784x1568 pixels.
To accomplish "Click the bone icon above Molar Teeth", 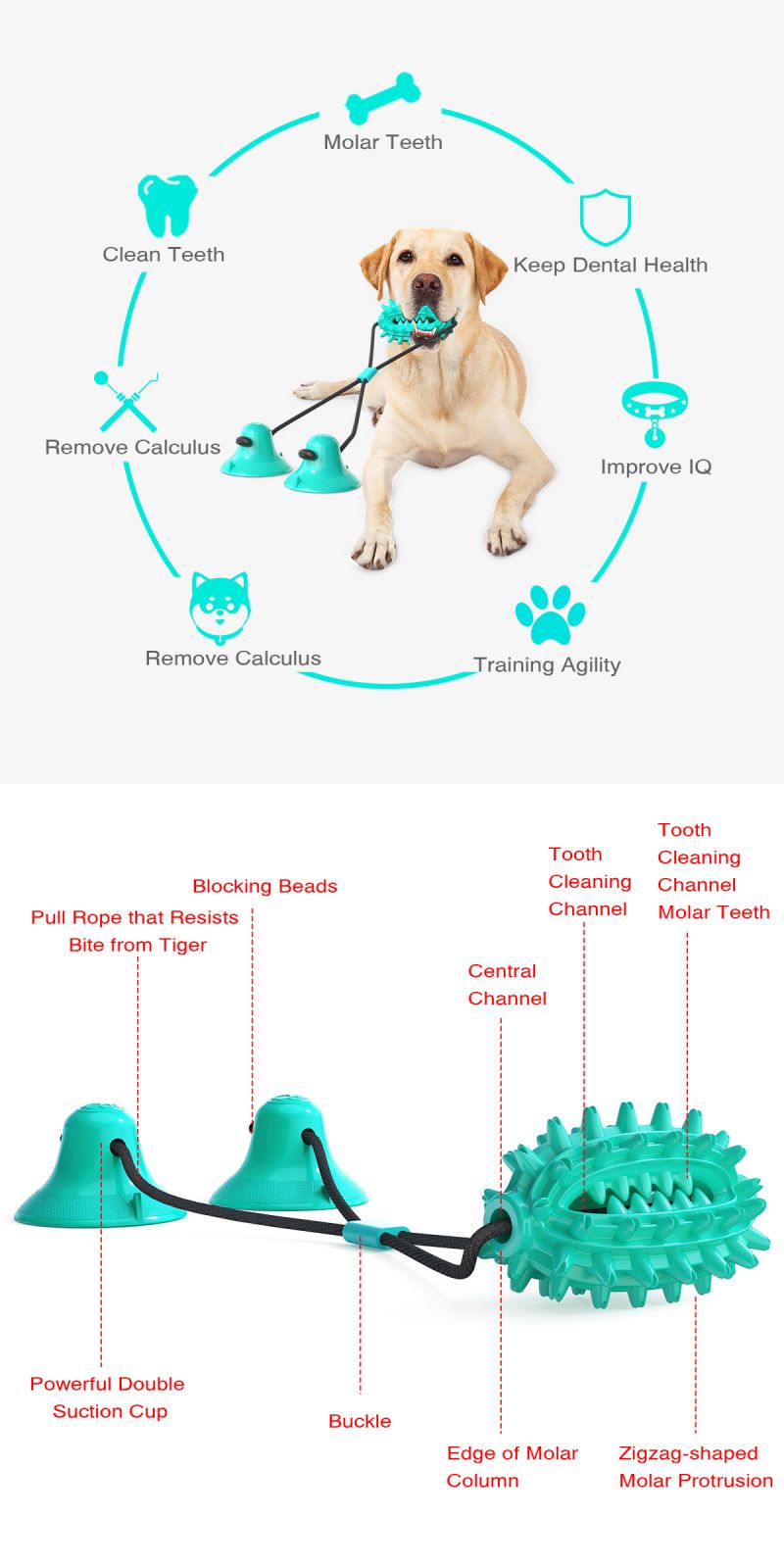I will pos(382,98).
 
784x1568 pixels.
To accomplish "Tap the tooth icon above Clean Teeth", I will pos(167,206).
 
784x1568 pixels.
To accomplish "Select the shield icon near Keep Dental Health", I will pos(605,218).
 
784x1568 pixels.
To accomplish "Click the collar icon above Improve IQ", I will pos(655,410).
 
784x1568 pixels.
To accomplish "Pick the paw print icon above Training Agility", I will pos(550,614).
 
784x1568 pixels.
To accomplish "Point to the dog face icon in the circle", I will pos(219,606).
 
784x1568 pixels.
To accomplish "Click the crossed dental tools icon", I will pos(126,400).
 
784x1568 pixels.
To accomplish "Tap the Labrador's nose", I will pos(426,284).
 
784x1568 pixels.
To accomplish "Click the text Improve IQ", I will pos(656,467).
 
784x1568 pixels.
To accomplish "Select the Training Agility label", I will pos(547,665).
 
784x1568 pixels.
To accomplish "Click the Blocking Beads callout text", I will pos(265,886).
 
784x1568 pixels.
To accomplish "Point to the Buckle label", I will pos(360,1421).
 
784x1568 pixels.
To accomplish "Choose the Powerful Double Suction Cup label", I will pos(108,1397).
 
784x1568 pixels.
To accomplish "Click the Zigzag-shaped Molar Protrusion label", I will pos(695,1467).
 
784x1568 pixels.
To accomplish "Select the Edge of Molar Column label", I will pos(512,1467).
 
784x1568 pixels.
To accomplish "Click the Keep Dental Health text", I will pos(610,266).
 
